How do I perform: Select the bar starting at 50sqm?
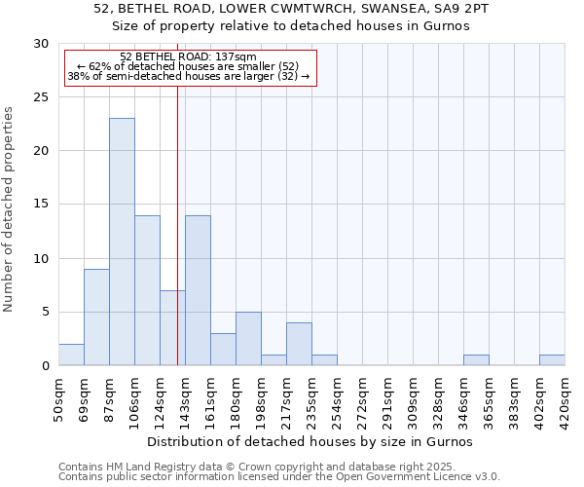[71, 355]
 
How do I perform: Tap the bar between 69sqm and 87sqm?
[96, 318]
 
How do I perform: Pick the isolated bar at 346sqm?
[476, 360]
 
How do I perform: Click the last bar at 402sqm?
[552, 360]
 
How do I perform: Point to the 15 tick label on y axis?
[41, 205]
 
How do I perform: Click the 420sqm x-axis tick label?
[565, 397]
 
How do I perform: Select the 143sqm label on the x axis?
[185, 397]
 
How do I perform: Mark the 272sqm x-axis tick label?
[362, 397]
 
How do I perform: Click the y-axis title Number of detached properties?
[10, 209]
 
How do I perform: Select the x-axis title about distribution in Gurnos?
[310, 441]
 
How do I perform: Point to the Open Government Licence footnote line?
[279, 476]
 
